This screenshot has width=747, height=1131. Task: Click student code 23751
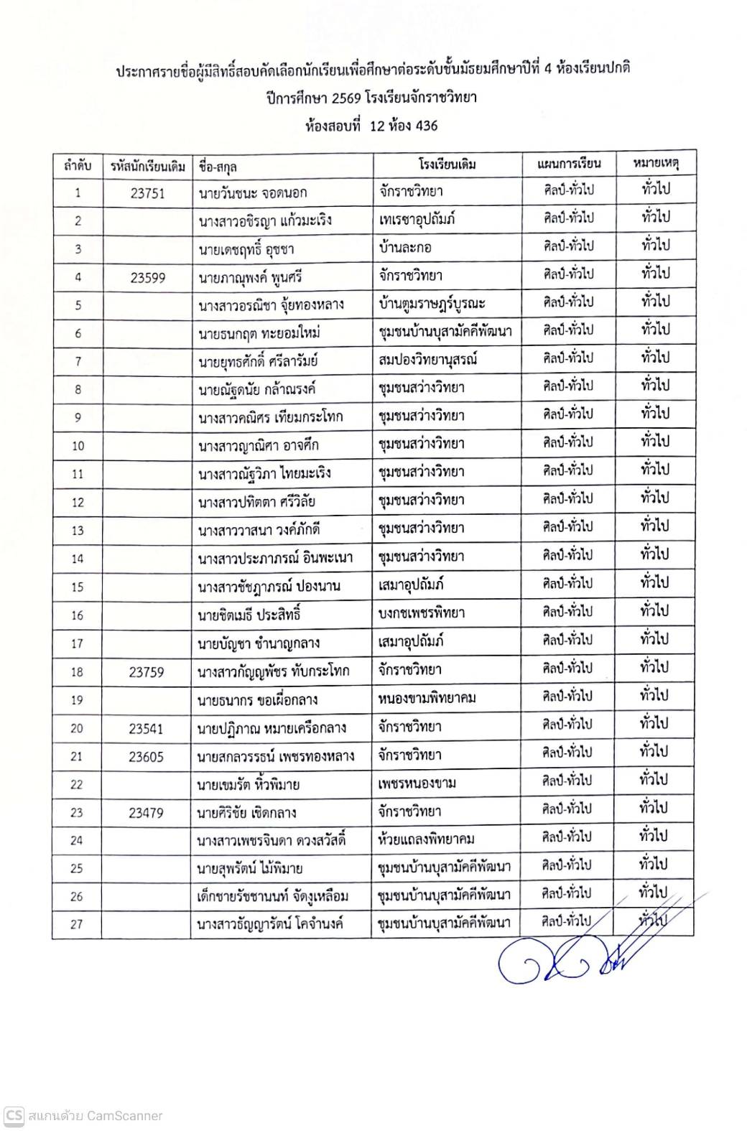(x=147, y=192)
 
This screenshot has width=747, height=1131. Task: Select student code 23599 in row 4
(x=147, y=277)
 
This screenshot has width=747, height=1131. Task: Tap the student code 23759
(x=147, y=672)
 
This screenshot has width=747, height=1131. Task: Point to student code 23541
(x=147, y=728)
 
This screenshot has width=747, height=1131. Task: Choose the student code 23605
(x=147, y=756)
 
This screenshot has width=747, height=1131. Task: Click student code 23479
(x=147, y=813)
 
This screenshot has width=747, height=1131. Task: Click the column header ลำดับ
(x=78, y=166)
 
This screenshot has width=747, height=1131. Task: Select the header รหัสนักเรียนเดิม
(x=148, y=166)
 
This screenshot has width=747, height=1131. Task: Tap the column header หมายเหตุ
(x=656, y=163)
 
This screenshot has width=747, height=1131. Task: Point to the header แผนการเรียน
(x=569, y=163)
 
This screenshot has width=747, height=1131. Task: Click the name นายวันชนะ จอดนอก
(x=253, y=192)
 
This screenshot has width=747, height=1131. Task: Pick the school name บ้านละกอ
(x=405, y=248)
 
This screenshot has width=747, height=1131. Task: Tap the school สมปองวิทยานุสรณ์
(x=427, y=360)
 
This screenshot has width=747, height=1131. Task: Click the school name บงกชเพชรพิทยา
(x=422, y=613)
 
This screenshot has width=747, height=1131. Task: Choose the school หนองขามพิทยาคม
(x=427, y=698)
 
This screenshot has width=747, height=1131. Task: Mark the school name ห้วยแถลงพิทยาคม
(x=427, y=839)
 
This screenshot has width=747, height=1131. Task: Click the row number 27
(x=77, y=924)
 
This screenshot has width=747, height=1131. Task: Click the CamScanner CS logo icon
(x=14, y=1116)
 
